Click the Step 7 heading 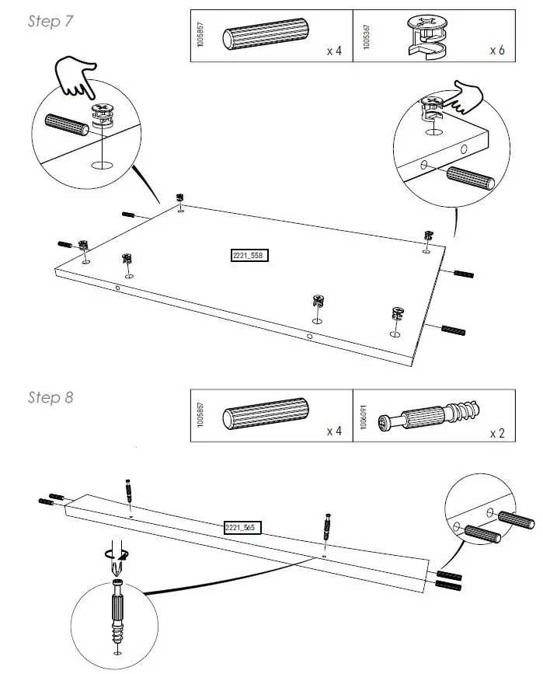50,21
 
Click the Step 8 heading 50,397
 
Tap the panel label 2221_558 249,256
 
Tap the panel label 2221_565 240,528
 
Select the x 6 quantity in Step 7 496,51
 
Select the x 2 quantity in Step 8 497,433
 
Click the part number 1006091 365,420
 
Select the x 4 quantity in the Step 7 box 334,51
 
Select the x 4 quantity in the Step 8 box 334,431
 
